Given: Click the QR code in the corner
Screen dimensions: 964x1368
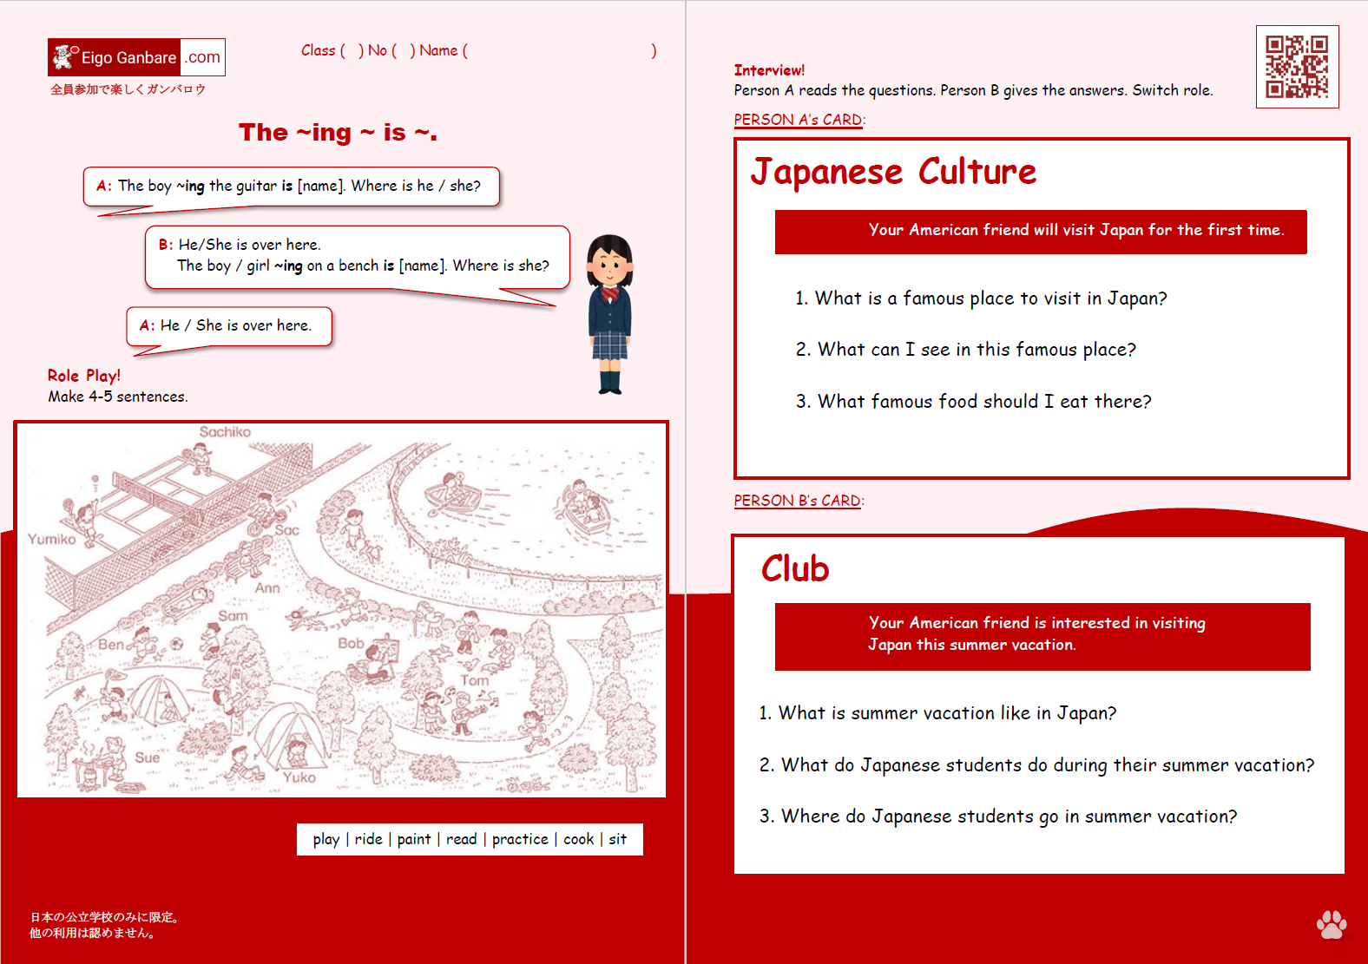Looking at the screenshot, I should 1297,67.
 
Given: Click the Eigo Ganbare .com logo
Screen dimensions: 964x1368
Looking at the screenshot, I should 136,57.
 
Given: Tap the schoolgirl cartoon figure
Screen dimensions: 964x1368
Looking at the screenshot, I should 610,313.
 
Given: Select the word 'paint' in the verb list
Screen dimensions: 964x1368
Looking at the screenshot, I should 414,839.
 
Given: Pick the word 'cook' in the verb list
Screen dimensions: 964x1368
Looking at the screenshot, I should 579,839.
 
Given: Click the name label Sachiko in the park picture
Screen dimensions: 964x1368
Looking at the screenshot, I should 225,432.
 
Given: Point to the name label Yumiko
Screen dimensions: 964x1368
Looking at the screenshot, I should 51,539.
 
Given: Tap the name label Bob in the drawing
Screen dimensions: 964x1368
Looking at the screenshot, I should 351,643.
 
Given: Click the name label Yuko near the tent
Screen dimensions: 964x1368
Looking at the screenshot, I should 299,777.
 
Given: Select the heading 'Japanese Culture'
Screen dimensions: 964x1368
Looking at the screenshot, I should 893,172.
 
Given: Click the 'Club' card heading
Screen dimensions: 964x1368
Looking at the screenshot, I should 795,569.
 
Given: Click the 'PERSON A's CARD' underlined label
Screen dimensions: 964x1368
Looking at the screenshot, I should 798,120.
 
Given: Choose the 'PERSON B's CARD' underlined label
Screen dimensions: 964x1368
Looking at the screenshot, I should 797,501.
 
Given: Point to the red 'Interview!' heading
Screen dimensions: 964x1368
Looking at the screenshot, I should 769,70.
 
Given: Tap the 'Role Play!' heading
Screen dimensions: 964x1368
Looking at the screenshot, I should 84,376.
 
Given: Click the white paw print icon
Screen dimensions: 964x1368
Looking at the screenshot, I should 1331,924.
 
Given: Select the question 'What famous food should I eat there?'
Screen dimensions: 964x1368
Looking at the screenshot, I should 974,402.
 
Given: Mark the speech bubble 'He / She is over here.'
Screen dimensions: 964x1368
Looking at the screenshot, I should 229,325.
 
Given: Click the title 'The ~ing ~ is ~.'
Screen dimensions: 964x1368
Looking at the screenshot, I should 338,133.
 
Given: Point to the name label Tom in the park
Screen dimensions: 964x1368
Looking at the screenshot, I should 474,681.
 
